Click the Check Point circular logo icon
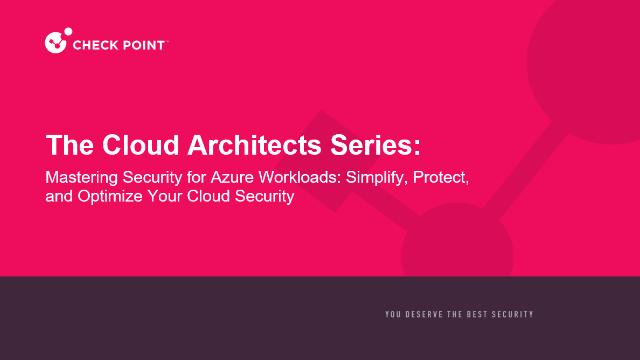[56, 42]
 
